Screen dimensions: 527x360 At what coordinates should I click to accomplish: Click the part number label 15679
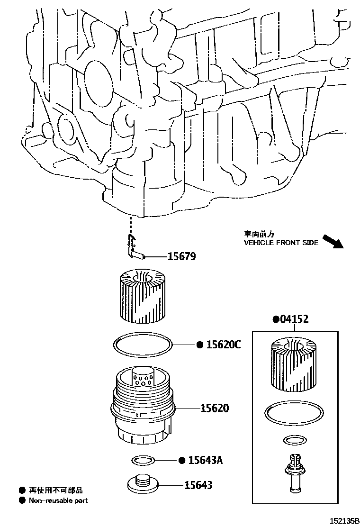coord(181,257)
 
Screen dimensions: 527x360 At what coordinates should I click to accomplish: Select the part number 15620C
coord(223,345)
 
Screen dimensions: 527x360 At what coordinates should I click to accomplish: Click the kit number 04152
coord(294,319)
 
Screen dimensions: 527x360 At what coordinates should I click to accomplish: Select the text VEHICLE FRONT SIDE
coord(281,242)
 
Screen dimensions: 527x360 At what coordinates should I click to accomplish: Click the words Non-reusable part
coord(58,500)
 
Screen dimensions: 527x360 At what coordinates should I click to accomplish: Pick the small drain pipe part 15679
coord(135,251)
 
